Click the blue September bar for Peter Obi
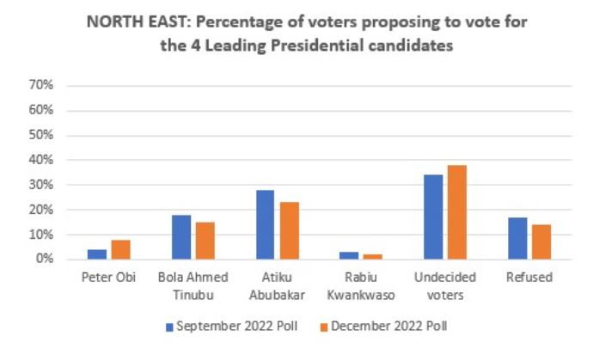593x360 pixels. [x=96, y=254]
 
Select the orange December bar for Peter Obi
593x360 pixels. [x=120, y=249]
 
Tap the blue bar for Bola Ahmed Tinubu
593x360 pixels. [x=180, y=237]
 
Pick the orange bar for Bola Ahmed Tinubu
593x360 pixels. [x=205, y=241]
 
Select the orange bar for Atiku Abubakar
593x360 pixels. [x=289, y=230]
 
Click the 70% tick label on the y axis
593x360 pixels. [x=42, y=86]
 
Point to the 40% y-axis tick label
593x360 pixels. [x=42, y=161]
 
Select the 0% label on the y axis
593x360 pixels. [x=45, y=259]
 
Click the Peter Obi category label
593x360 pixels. [x=107, y=278]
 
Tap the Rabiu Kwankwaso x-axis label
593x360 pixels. [x=360, y=284]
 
